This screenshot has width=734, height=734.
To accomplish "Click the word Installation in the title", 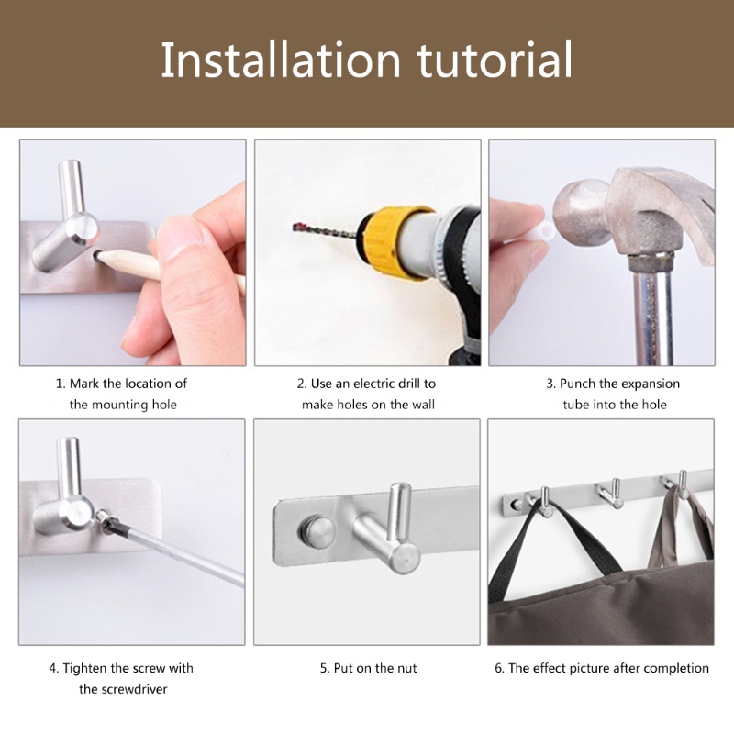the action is coord(281,60).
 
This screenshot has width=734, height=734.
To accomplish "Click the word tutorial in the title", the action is coord(495,60).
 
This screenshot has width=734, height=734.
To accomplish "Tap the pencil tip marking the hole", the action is coord(97,254).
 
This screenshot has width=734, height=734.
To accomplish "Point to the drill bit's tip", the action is coord(295,228).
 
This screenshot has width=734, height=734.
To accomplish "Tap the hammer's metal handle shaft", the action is coord(652,310).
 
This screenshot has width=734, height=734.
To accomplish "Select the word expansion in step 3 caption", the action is coord(650,384).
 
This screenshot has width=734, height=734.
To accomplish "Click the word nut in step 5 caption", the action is coord(406,669).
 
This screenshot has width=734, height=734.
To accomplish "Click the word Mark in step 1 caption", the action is coord(84,384).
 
